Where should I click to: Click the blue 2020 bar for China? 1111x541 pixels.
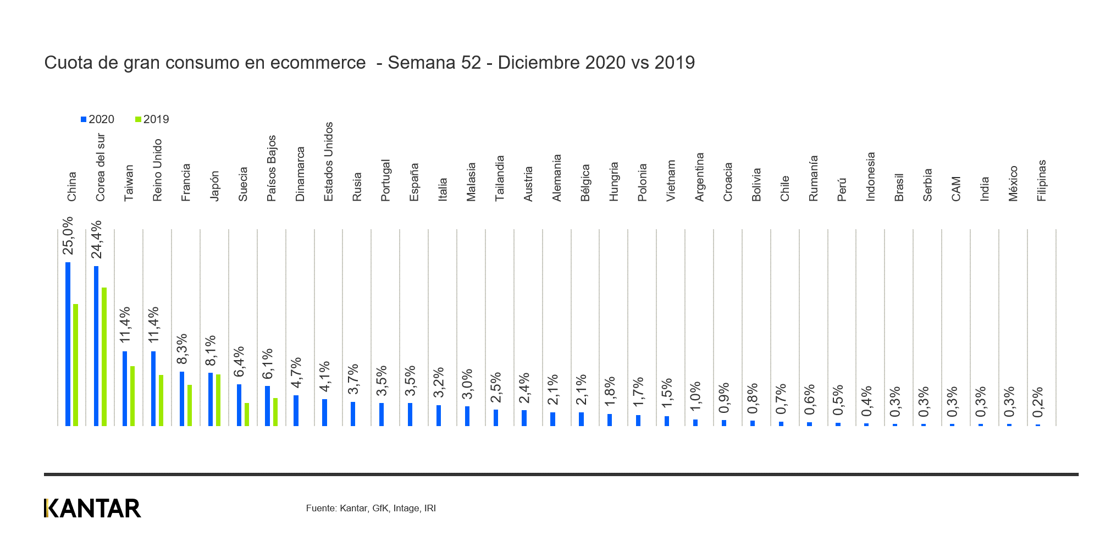pyautogui.click(x=68, y=344)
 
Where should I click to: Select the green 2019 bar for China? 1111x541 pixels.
pyautogui.click(x=75, y=365)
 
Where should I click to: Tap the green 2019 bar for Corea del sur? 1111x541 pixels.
pyautogui.click(x=104, y=356)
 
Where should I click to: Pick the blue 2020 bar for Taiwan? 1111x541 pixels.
pyautogui.click(x=125, y=388)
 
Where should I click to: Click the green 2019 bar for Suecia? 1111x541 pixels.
pyautogui.click(x=247, y=414)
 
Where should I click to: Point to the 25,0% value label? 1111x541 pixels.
pyautogui.click(x=68, y=236)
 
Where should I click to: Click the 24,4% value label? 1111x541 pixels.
pyautogui.click(x=96, y=240)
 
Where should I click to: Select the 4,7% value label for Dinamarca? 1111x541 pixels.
pyautogui.click(x=296, y=373)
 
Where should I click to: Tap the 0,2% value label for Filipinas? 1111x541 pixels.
pyautogui.click(x=1037, y=402)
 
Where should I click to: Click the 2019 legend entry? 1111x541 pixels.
pyautogui.click(x=152, y=119)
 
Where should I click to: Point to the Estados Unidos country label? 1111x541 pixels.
pyautogui.click(x=328, y=162)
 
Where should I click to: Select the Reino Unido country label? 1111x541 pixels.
pyautogui.click(x=157, y=170)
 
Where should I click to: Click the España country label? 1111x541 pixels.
pyautogui.click(x=414, y=182)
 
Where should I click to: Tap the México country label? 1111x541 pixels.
pyautogui.click(x=1013, y=184)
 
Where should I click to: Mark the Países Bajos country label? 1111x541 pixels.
pyautogui.click(x=272, y=168)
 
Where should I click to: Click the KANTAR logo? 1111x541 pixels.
pyautogui.click(x=92, y=508)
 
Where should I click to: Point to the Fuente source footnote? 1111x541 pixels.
pyautogui.click(x=371, y=508)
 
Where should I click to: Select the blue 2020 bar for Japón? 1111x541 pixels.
pyautogui.click(x=211, y=399)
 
